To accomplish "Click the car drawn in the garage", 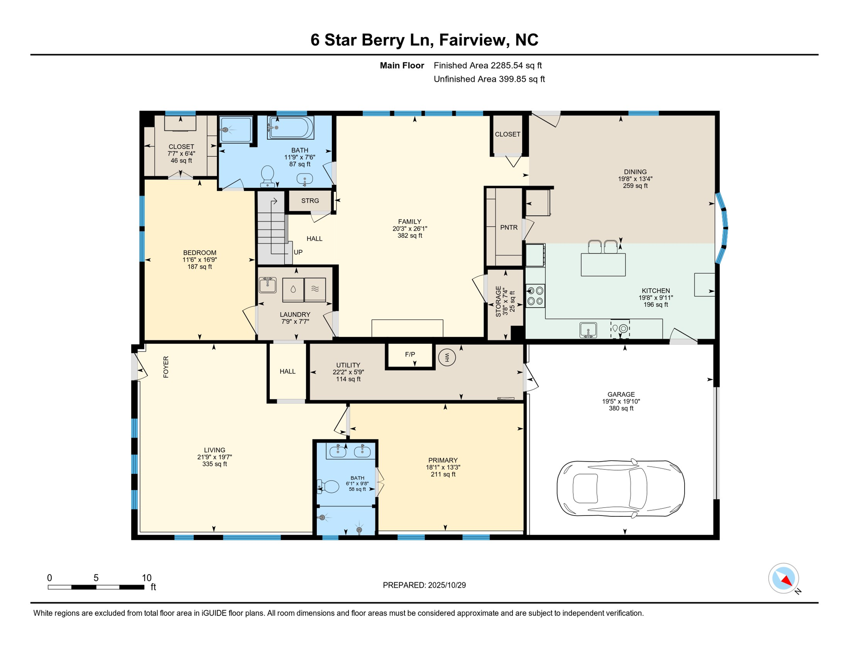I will tap(620, 489).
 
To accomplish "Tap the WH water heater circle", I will tap(447, 357).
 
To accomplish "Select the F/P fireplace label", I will tap(410, 354).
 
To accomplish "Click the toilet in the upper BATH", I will tap(267, 176).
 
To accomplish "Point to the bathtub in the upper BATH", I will tap(291, 127).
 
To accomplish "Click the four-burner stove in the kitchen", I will tap(535, 296).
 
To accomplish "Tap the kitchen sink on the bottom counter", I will tap(588, 330).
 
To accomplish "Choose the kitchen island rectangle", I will tap(603, 264).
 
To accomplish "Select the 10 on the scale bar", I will tap(146, 578).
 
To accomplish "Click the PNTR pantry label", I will tap(509, 227).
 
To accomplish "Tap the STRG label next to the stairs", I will tap(310, 201).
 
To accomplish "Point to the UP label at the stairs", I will tap(298, 252).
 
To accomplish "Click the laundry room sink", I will tap(268, 284).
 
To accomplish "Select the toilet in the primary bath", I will tap(328, 486).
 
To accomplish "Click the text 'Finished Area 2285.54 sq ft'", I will tap(487, 65).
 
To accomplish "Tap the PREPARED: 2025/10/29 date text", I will tap(424, 585).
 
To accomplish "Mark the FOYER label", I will tap(166, 367).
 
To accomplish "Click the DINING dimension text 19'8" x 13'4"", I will tap(635, 179).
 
